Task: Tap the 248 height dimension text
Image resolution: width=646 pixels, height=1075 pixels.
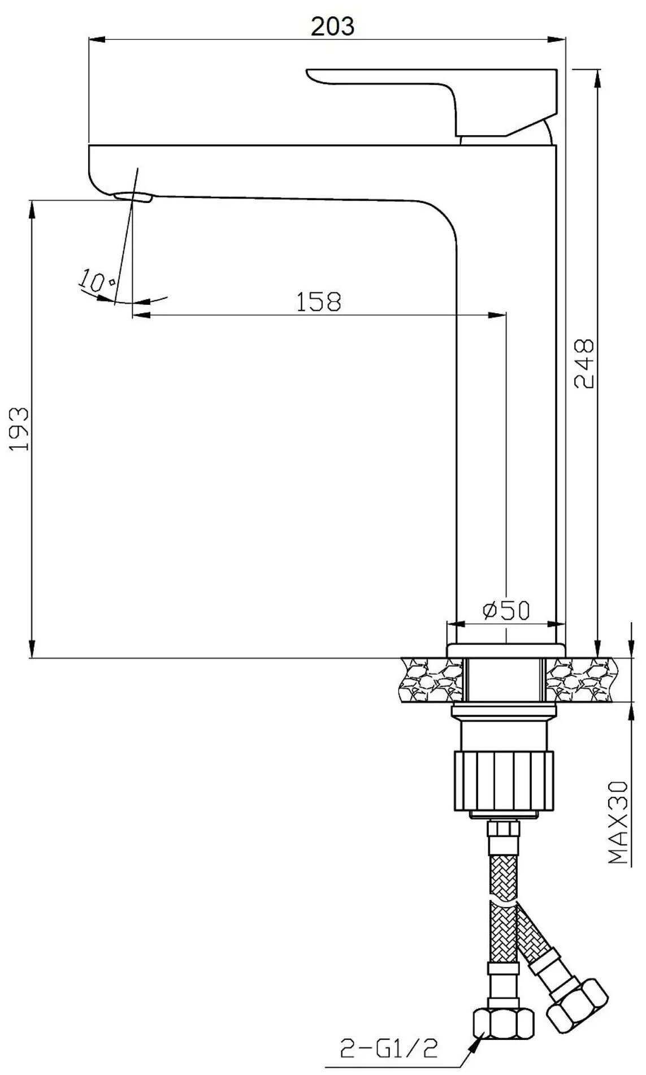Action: pyautogui.click(x=584, y=363)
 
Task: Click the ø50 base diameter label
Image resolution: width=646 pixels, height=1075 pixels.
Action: pyautogui.click(x=506, y=610)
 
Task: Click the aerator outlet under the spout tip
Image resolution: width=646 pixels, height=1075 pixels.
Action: pyautogui.click(x=133, y=197)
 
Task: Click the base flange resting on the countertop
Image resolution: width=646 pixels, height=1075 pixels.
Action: pyautogui.click(x=506, y=650)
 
